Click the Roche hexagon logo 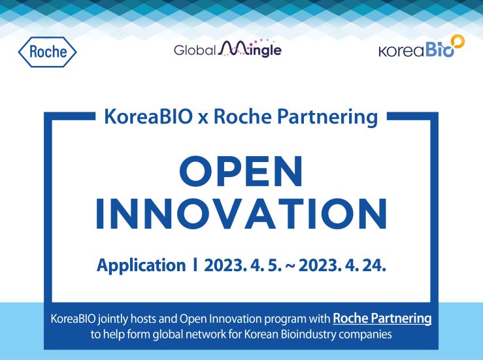pos(48,52)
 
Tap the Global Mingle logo pos(227,48)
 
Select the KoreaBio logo pos(422,46)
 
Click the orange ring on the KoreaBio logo pos(458,41)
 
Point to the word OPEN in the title pos(241,172)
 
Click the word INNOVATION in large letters pos(242,214)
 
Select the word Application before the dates pos(141,266)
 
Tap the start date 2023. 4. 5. pos(242,265)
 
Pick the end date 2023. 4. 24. pos(342,265)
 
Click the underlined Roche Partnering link pos(382,318)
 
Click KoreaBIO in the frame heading pos(148,117)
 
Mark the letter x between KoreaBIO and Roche pos(203,119)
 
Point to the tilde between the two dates pos(290,266)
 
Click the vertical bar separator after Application pos(195,265)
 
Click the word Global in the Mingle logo pos(195,50)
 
